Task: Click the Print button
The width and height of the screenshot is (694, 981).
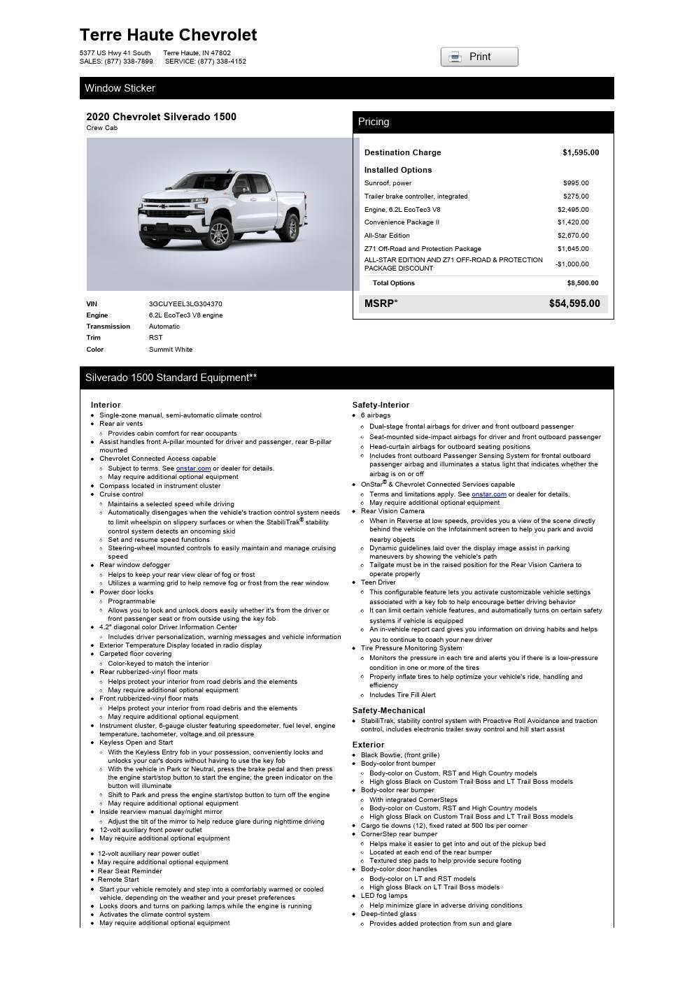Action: pos(479,57)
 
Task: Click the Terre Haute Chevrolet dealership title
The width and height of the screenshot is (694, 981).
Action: pos(168,35)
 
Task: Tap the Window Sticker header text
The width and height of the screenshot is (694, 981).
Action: pos(120,88)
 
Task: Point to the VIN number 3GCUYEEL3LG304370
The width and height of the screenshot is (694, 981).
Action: pos(185,304)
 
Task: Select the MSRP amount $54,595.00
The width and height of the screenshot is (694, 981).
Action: pos(574,303)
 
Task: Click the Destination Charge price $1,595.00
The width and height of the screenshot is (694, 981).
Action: pos(580,152)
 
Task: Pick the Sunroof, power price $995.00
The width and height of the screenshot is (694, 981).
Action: pos(576,183)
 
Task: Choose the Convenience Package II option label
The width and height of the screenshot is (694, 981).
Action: pos(402,222)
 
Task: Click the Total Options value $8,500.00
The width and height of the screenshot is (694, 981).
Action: pos(582,283)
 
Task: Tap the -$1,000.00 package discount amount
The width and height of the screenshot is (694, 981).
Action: pos(572,264)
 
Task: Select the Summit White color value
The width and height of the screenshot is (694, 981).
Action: pos(171,350)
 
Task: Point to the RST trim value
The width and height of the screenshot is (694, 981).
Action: pos(155,338)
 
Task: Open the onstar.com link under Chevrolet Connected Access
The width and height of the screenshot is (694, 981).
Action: pos(193,468)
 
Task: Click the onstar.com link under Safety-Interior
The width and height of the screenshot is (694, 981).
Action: pos(488,494)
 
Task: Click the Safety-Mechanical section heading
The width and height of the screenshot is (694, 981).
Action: pos(388,710)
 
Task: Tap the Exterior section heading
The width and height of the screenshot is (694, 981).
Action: pos(368,745)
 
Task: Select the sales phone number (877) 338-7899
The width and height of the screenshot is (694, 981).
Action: pos(129,62)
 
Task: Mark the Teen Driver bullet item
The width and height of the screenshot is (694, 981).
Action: pos(378,582)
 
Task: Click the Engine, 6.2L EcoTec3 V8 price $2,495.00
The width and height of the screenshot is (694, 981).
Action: pos(573,210)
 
